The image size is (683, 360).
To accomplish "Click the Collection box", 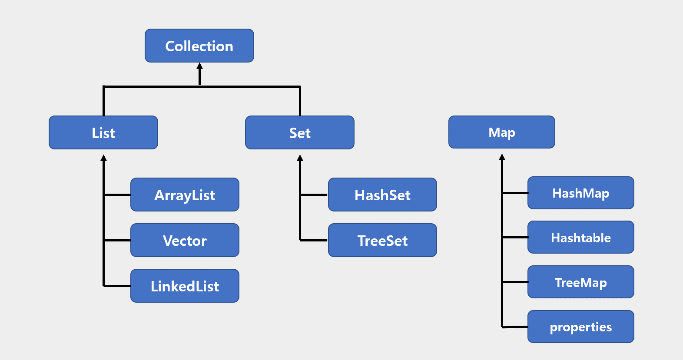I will click(x=199, y=46).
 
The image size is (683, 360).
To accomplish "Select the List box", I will click(x=103, y=132).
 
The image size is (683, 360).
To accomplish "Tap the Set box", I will click(x=300, y=132).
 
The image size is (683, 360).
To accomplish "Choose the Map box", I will click(x=502, y=132).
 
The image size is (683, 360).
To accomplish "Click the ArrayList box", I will click(x=185, y=195).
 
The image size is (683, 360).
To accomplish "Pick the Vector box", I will click(x=185, y=240).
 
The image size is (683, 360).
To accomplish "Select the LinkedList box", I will click(x=185, y=286).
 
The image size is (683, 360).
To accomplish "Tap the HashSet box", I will click(x=382, y=195).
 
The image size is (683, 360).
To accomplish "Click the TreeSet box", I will click(x=382, y=240).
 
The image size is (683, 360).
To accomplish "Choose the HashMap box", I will click(x=580, y=193).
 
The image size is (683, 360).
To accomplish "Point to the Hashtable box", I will click(x=580, y=237).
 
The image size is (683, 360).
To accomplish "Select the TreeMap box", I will click(x=580, y=282).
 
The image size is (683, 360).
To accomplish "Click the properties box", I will click(x=580, y=327).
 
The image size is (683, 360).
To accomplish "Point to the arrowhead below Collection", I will click(x=200, y=66).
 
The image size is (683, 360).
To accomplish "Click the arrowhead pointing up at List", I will click(x=103, y=158).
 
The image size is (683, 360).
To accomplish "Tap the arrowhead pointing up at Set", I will click(x=300, y=158).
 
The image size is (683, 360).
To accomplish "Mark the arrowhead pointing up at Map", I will click(x=502, y=157).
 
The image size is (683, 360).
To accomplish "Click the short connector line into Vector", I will click(x=117, y=240).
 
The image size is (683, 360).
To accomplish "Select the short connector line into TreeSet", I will click(x=314, y=240).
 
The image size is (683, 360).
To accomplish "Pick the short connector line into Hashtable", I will click(x=515, y=238).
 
